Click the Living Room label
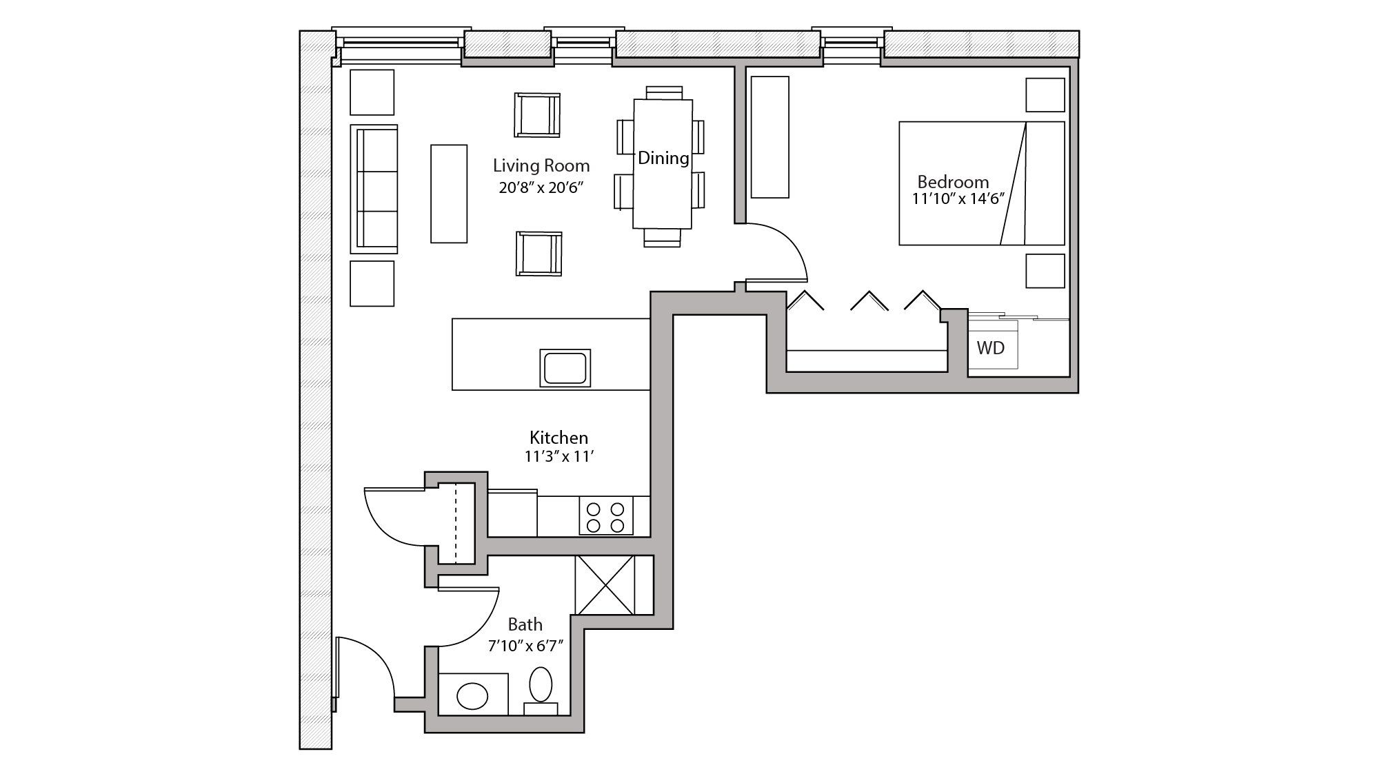pos(541,166)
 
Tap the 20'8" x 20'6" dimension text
pos(541,187)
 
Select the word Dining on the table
pos(663,159)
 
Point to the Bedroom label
pos(953,183)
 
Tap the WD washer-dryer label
pos(991,348)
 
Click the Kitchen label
pos(558,438)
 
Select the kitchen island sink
pos(565,368)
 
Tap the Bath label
pos(525,625)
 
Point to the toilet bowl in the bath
pos(541,684)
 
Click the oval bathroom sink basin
pos(473,696)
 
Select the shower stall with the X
pos(605,584)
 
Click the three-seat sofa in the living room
pos(374,189)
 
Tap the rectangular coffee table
pos(449,194)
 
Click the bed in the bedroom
pos(981,183)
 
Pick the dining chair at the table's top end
pos(664,92)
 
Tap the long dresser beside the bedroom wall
pos(769,137)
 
